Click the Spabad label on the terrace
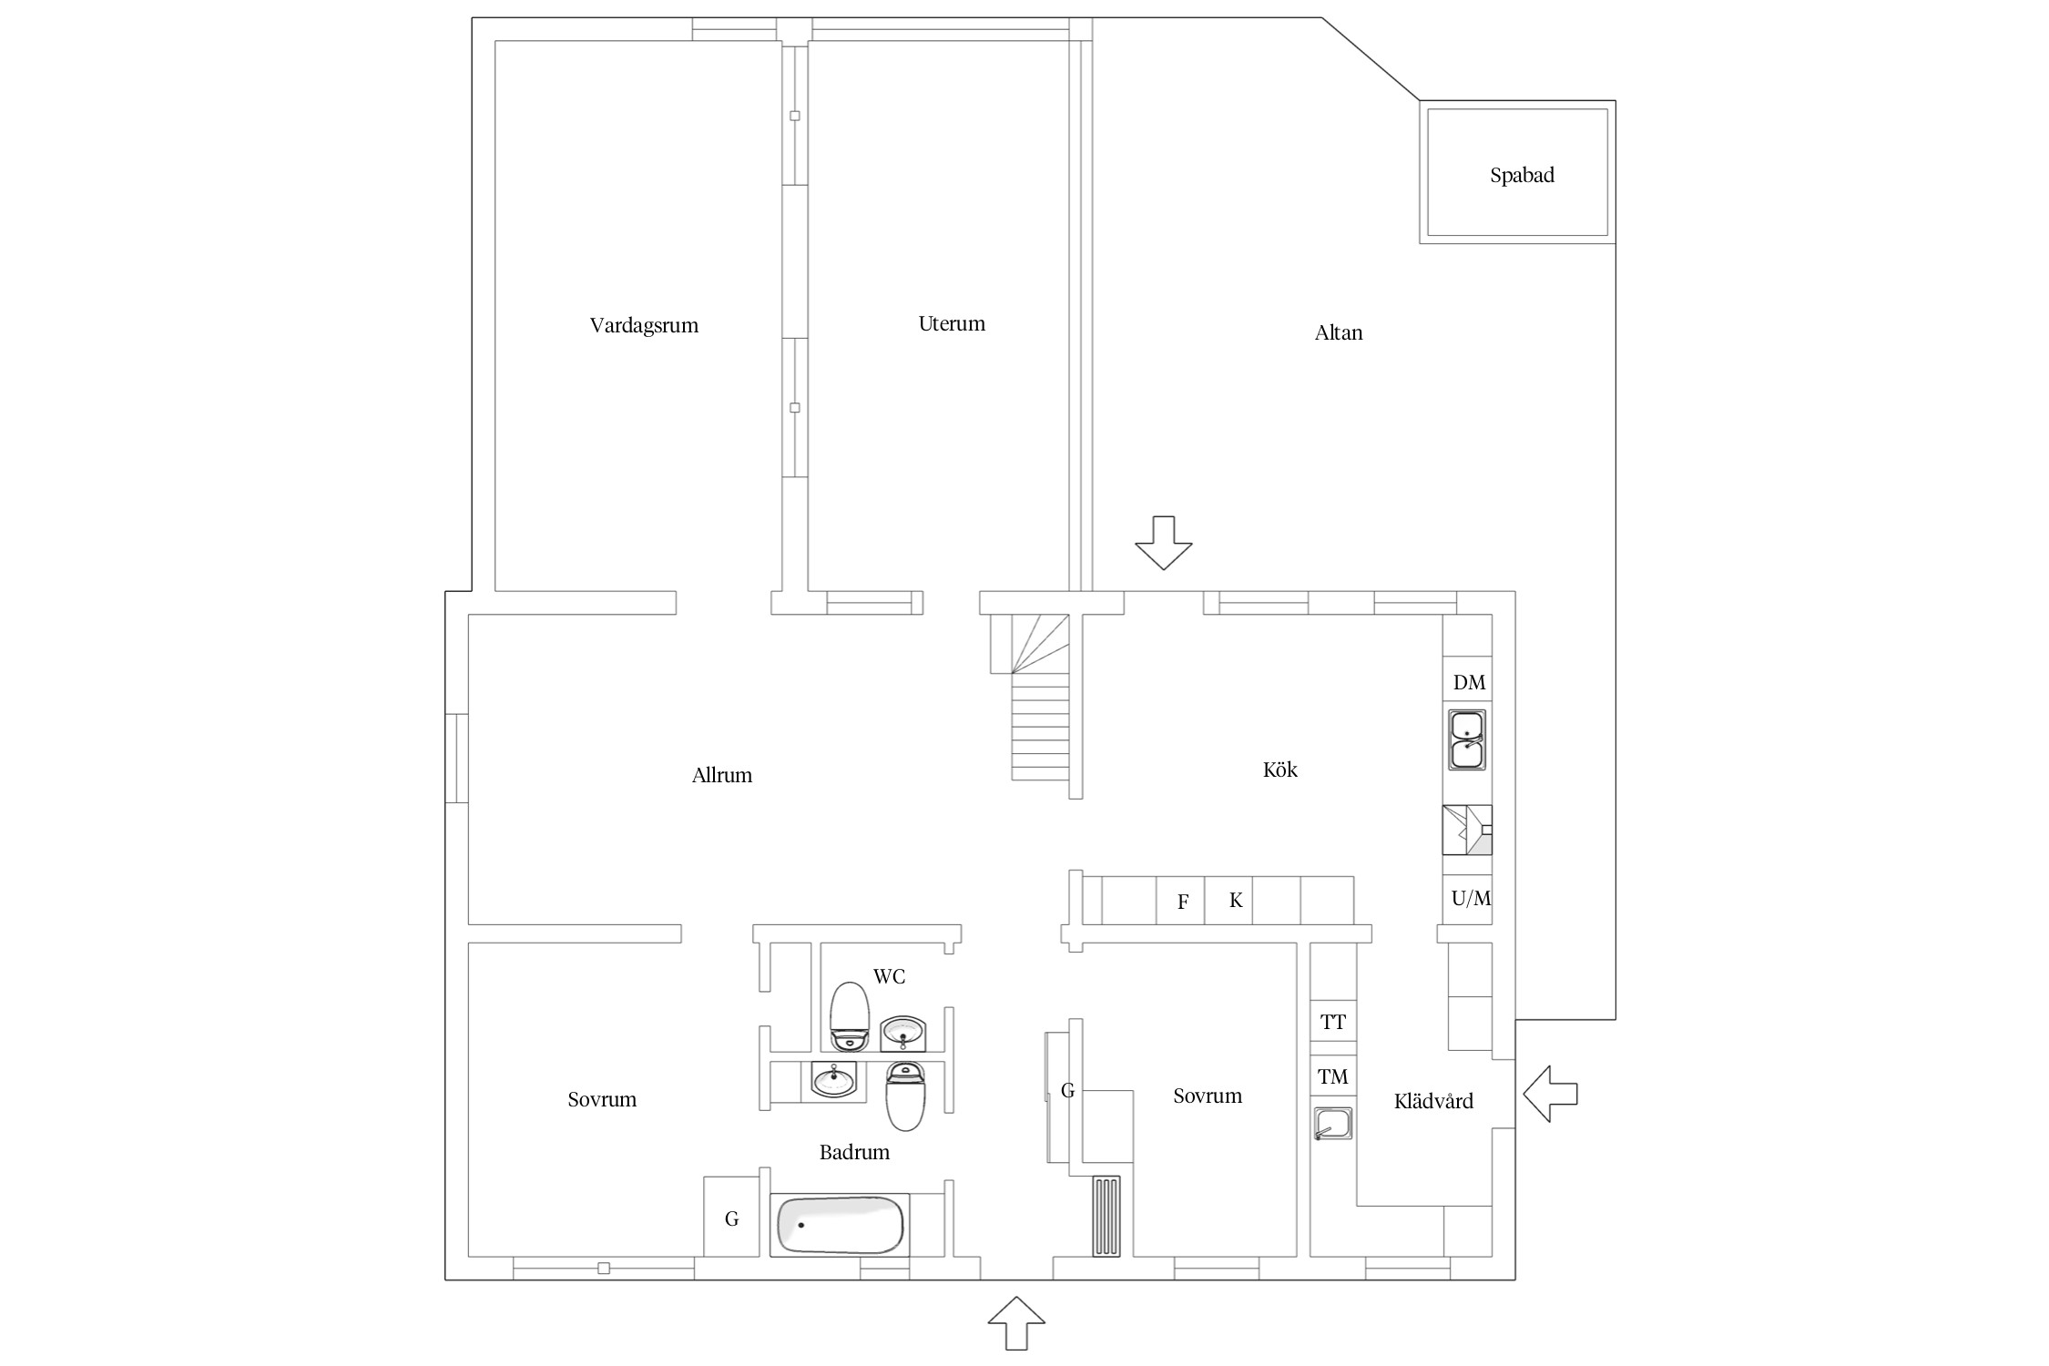[x=1522, y=176]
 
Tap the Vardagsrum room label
[x=644, y=326]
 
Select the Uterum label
[x=952, y=323]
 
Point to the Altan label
[x=1339, y=332]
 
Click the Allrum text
[x=722, y=775]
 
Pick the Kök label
[x=1280, y=770]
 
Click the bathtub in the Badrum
[x=841, y=1225]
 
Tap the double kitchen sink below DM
[x=1466, y=739]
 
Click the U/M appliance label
[x=1471, y=899]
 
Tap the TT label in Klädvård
[x=1333, y=1022]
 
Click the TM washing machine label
[x=1333, y=1077]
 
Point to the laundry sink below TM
[x=1333, y=1124]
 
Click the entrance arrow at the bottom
[x=1016, y=1323]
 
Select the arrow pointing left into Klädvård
[x=1550, y=1094]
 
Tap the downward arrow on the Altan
[x=1163, y=543]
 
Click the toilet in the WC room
[x=850, y=1016]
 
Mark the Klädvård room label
[x=1433, y=1102]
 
